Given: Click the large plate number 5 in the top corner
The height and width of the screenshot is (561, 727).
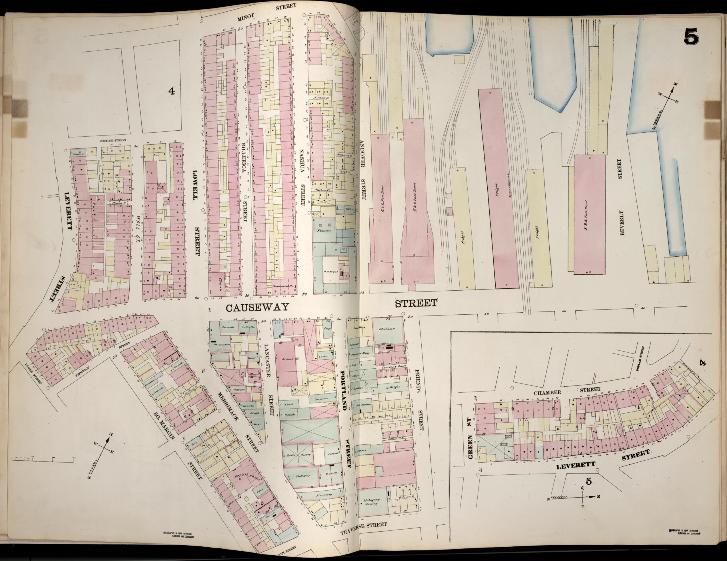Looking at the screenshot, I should click(x=691, y=36).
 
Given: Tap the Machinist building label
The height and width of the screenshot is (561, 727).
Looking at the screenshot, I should click(x=387, y=329).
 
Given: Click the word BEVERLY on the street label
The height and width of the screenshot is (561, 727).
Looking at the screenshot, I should click(x=622, y=222).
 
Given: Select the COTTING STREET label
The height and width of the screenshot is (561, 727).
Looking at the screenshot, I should click(x=113, y=141).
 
